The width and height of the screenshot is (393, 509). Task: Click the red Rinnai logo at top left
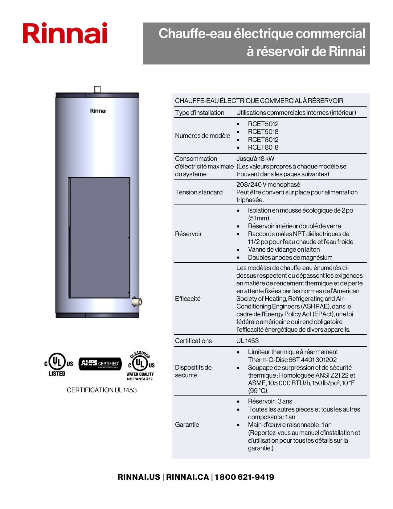coord(65,33)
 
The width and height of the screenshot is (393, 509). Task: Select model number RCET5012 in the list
coord(263,124)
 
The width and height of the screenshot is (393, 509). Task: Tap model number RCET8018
coord(263,147)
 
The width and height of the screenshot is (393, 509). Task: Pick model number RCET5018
coord(263,132)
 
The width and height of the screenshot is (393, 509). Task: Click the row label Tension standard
coord(199,192)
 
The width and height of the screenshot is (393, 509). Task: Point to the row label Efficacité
coord(188,299)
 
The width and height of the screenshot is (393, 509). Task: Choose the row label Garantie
coord(187,424)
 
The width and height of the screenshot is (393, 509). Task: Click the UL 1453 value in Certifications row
coord(248,341)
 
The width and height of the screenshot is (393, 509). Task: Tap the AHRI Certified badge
coord(100,364)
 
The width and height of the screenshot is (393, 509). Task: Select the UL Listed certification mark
coord(58,364)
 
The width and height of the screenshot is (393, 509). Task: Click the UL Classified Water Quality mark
coord(141,366)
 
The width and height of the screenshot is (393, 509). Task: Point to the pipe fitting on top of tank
coord(97,89)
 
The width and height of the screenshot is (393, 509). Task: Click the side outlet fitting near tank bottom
coord(137,301)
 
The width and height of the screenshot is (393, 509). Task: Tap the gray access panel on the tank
coord(99,238)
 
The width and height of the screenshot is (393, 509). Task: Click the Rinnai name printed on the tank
coord(98,111)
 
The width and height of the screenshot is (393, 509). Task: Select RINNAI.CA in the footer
coord(187,477)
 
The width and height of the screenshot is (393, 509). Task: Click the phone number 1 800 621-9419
coord(244,477)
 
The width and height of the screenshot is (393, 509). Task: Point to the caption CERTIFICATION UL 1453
coord(102,390)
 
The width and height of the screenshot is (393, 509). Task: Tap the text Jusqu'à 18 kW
coord(255,159)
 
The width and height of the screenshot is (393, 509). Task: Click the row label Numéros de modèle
coord(203,136)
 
